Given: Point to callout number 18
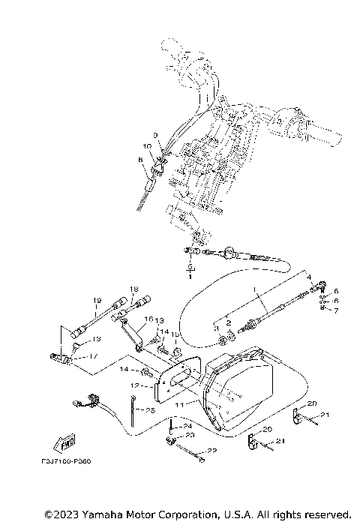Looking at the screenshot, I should coord(134,289).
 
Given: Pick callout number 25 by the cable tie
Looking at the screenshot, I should coord(149,410).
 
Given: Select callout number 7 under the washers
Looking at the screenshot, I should coord(337,310).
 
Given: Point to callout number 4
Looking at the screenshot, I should coord(308,277).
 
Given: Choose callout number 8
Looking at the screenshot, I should coord(140,160).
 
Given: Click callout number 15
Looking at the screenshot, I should coord(175,334).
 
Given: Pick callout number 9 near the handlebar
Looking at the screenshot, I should coord(157,135).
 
